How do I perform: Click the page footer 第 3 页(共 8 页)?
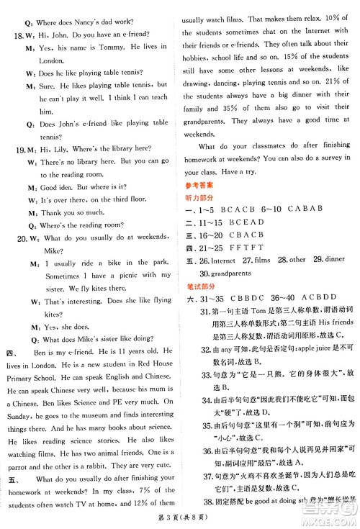tap(180, 520)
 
